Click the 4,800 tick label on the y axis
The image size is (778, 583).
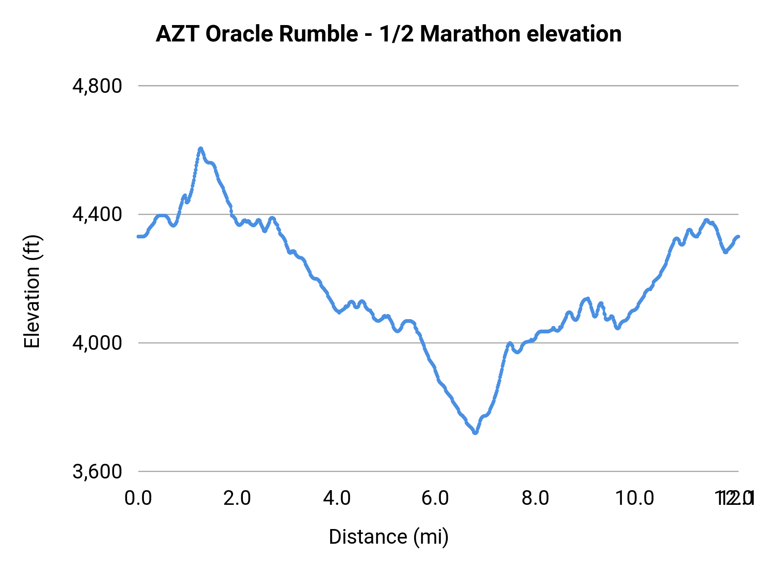(97, 86)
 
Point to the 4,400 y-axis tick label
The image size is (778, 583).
(97, 214)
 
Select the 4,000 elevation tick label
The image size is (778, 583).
(97, 343)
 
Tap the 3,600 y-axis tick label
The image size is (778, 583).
(97, 472)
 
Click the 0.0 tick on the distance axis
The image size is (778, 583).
(138, 498)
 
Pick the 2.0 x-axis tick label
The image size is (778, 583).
(237, 498)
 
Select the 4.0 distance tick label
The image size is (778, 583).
(337, 498)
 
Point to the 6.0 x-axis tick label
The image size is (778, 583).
(436, 498)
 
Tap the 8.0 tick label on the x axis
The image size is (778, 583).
(535, 498)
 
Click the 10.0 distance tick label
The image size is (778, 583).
(634, 498)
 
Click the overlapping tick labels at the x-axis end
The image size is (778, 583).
(735, 498)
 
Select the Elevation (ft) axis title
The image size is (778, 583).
(32, 291)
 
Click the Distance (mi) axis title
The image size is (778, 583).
(389, 537)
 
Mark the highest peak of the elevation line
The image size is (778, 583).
(200, 149)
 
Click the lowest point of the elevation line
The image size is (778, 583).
(475, 432)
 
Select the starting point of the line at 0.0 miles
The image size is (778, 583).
(138, 236)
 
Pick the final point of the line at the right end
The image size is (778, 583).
(738, 236)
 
